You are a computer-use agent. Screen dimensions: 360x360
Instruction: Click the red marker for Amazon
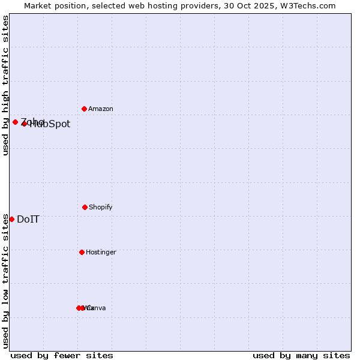point(84,109)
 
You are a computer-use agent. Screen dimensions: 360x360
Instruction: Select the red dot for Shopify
point(85,207)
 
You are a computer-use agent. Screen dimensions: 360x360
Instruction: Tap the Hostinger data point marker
point(82,252)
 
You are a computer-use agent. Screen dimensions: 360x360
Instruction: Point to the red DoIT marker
point(11,219)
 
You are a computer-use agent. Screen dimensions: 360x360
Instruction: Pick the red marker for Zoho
point(15,122)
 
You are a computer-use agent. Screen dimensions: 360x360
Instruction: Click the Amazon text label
point(101,109)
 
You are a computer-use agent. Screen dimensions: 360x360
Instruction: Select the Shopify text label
point(101,207)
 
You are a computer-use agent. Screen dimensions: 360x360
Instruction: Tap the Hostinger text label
point(101,252)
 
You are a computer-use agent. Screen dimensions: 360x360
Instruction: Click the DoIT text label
point(28,219)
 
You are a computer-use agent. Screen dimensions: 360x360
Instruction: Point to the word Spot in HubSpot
point(59,124)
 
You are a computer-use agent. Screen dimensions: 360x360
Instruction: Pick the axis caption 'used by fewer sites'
point(62,355)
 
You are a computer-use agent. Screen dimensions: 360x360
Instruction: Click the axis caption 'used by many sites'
point(301,355)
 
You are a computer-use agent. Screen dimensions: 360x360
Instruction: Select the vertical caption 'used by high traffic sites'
point(5,85)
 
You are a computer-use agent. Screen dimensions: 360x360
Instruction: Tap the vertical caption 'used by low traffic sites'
point(5,281)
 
